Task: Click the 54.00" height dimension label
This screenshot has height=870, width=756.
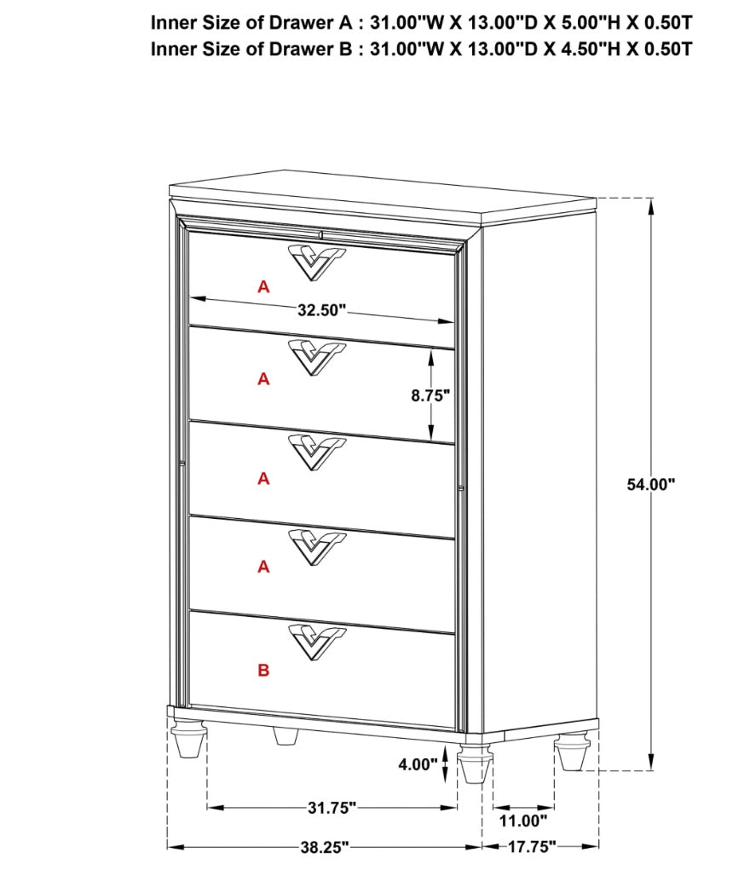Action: (x=650, y=484)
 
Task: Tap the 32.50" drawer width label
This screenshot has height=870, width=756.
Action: (x=322, y=310)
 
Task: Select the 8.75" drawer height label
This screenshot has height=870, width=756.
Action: (x=430, y=395)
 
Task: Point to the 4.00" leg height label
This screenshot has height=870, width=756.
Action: (x=417, y=764)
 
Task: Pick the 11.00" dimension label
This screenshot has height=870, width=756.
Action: (x=521, y=821)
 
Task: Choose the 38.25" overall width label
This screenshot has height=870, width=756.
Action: (x=324, y=847)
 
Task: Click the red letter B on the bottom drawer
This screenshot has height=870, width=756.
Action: (x=263, y=671)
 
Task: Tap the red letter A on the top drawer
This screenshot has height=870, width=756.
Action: (x=263, y=288)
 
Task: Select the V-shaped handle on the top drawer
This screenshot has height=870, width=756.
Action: (x=316, y=260)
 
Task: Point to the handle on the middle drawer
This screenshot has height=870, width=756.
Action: (x=316, y=450)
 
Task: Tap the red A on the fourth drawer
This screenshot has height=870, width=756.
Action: (x=263, y=567)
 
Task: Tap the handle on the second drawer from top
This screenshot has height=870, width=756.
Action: (x=316, y=355)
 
